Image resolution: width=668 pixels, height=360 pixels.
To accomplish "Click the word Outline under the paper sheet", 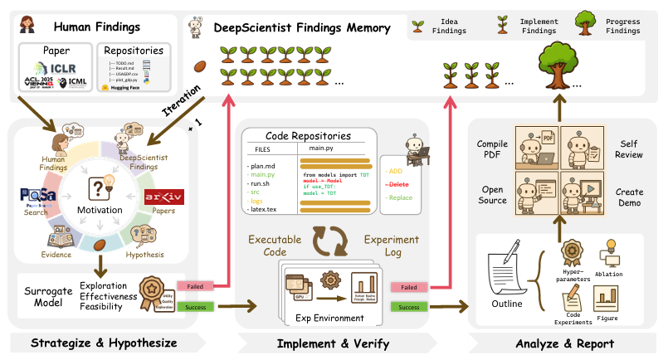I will click(x=510, y=304).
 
